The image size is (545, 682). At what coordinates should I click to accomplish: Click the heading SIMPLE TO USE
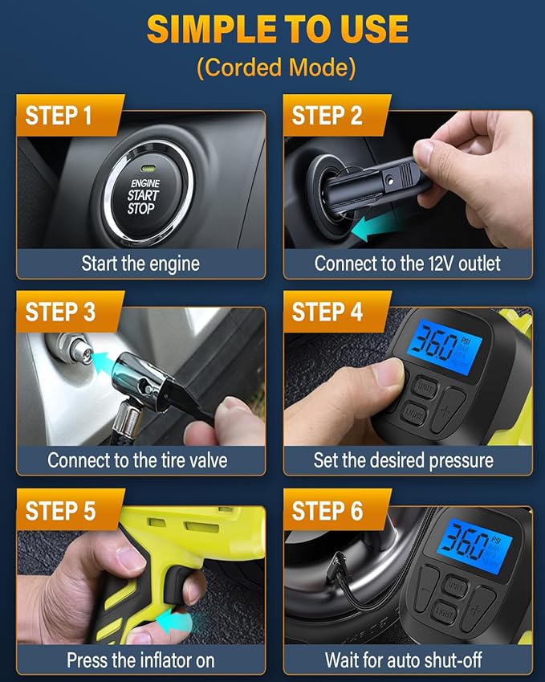coord(277,30)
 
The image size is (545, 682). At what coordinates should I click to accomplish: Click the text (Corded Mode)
coord(276,67)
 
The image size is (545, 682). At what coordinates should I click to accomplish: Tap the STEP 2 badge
coord(327,115)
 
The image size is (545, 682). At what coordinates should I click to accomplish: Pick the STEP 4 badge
coord(327,312)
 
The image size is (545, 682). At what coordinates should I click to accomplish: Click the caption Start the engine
coord(140,263)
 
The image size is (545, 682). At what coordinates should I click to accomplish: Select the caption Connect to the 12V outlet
coord(407,263)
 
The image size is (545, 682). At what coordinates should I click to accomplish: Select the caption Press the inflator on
coord(140,660)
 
